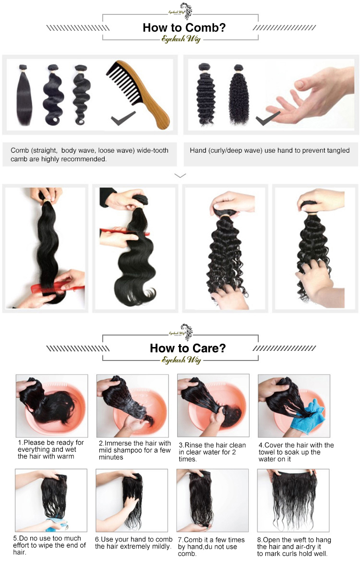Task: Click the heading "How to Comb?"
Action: pos(184,28)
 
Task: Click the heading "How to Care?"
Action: pos(188,348)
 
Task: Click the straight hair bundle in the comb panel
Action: pos(24,95)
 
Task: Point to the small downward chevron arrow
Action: pos(180,176)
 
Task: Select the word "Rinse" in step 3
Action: pos(193,445)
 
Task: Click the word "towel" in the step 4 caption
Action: pos(267,452)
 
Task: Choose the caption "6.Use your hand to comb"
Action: pos(133,539)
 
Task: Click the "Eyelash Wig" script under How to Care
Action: pos(181,360)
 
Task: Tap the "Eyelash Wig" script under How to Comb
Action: pos(181,39)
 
